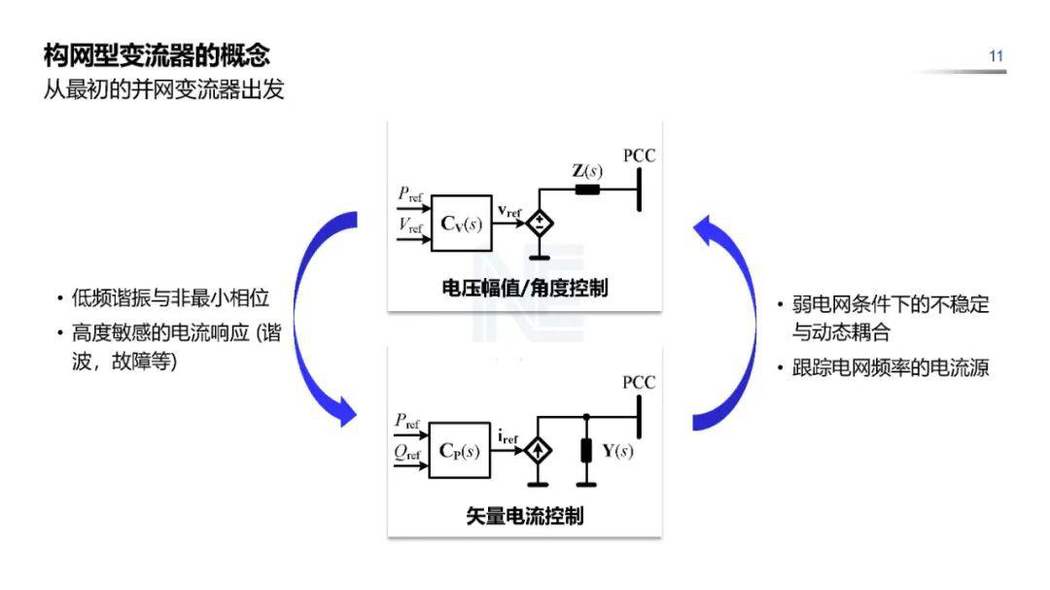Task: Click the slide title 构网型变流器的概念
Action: pos(157,54)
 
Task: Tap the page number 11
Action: pos(996,56)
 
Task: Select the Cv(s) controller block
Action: pos(460,224)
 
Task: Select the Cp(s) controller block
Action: pos(460,450)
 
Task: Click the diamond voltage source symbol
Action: pos(538,224)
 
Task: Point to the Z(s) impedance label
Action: pos(586,171)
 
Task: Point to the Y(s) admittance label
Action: pos(617,451)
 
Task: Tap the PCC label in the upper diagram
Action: pos(639,156)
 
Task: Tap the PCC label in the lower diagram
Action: pos(639,383)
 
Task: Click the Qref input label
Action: pos(407,453)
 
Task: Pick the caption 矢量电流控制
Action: pos(525,515)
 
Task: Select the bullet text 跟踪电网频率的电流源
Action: pos(891,369)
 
